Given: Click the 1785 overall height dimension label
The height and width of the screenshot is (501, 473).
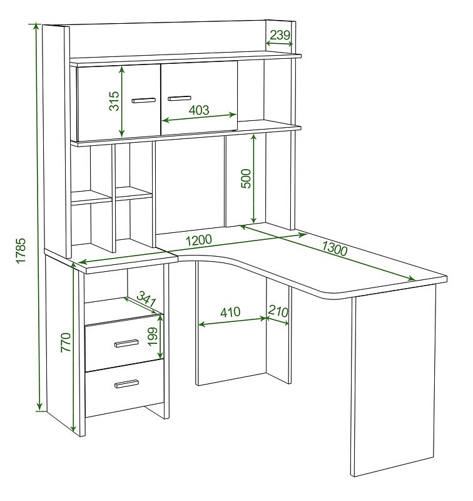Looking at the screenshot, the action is [21, 251].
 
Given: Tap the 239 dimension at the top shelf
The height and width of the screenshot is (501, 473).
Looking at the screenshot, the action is [280, 34].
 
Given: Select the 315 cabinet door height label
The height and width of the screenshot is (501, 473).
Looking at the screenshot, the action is [114, 101].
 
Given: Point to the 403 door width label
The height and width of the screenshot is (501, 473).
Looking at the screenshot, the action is [199, 110].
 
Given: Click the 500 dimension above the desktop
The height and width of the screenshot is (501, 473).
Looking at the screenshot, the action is [246, 178].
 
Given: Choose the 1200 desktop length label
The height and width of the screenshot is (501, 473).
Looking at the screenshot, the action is [198, 240].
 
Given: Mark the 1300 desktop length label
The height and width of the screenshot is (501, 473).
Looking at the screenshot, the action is [334, 249].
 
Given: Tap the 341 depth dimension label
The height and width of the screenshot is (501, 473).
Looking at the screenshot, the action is [146, 299].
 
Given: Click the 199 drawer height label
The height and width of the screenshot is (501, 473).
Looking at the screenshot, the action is [153, 336].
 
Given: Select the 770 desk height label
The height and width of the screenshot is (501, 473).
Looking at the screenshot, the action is [66, 342].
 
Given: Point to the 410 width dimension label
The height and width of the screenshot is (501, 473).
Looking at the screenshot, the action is [230, 312].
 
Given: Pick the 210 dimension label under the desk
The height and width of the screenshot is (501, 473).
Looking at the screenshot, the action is [278, 311].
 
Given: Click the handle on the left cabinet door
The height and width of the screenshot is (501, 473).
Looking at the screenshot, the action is [144, 100].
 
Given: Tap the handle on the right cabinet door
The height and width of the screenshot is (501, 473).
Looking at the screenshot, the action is [180, 98].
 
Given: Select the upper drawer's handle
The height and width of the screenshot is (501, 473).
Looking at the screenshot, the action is [126, 343].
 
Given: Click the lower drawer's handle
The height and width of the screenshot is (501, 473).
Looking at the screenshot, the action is [126, 383].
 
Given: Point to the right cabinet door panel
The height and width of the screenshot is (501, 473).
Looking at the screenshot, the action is [199, 98].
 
